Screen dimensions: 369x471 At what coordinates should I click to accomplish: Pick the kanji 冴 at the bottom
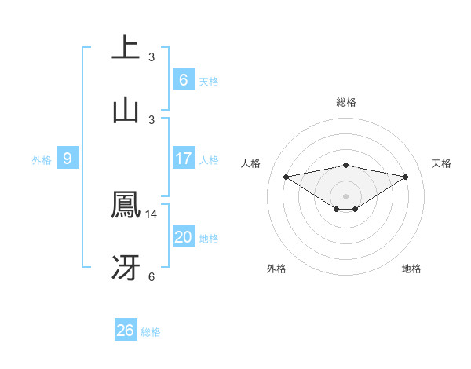(126, 268)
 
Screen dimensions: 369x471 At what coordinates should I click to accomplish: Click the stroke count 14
(152, 214)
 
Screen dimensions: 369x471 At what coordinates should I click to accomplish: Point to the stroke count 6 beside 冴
(152, 276)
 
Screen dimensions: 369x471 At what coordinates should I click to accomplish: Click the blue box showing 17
(183, 159)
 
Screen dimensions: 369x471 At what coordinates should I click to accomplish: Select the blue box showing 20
(183, 237)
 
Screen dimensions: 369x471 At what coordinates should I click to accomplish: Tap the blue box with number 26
(125, 331)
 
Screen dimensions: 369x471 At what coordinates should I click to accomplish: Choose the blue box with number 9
(68, 159)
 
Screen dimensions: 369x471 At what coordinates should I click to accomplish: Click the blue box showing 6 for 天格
(183, 79)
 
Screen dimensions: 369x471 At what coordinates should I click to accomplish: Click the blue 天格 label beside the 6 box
(209, 81)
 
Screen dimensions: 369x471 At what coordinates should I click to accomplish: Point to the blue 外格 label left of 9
(42, 159)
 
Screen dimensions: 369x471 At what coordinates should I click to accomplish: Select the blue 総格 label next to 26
(151, 332)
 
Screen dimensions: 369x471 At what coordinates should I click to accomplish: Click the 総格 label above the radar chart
(345, 102)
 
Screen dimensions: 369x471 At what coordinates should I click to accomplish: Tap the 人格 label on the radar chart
(251, 163)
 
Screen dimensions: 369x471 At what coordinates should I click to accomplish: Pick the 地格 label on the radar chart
(411, 269)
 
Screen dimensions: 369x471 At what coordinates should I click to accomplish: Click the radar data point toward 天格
(406, 177)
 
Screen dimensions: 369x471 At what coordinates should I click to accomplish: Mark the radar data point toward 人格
(286, 176)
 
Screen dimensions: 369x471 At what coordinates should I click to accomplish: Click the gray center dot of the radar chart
(345, 195)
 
